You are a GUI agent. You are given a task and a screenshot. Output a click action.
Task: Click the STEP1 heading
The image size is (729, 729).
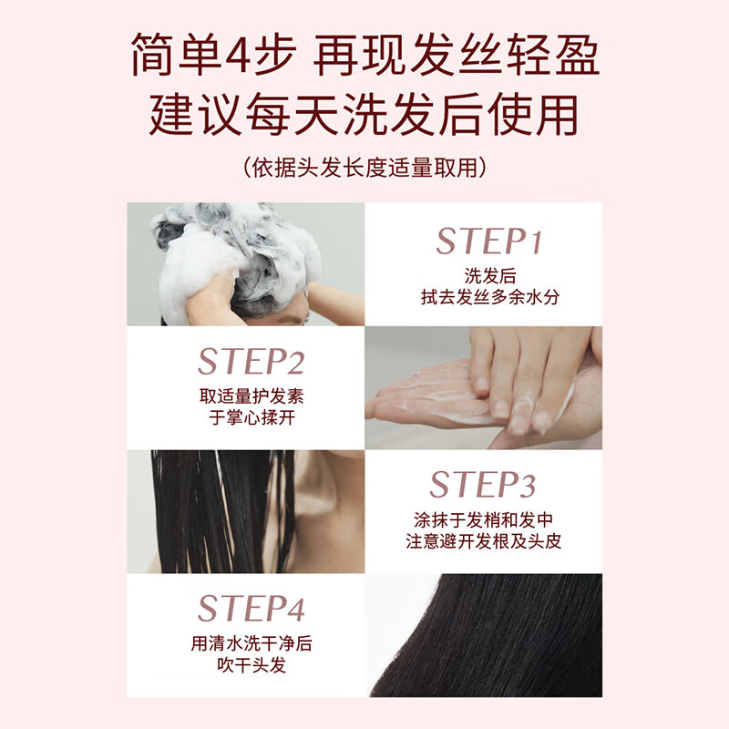pyautogui.click(x=488, y=241)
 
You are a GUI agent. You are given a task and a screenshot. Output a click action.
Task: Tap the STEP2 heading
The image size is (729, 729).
pyautogui.click(x=251, y=362)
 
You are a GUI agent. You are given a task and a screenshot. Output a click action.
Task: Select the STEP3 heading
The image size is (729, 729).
pyautogui.click(x=483, y=484)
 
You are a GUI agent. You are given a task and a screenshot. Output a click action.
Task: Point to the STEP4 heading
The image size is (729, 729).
pyautogui.click(x=251, y=608)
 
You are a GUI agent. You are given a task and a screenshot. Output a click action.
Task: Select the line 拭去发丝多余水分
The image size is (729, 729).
pyautogui.click(x=483, y=297)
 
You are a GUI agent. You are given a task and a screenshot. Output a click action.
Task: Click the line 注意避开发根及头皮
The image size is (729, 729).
pyautogui.click(x=483, y=541)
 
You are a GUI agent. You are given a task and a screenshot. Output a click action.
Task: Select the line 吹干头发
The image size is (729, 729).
pyautogui.click(x=252, y=665)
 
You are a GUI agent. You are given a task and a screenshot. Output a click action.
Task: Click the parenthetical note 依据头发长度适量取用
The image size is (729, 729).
pyautogui.click(x=364, y=167)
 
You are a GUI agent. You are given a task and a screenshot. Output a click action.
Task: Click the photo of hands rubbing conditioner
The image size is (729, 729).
pyautogui.click(x=483, y=387)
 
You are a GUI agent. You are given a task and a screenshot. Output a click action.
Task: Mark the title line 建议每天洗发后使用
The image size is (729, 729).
pyautogui.click(x=364, y=116)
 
